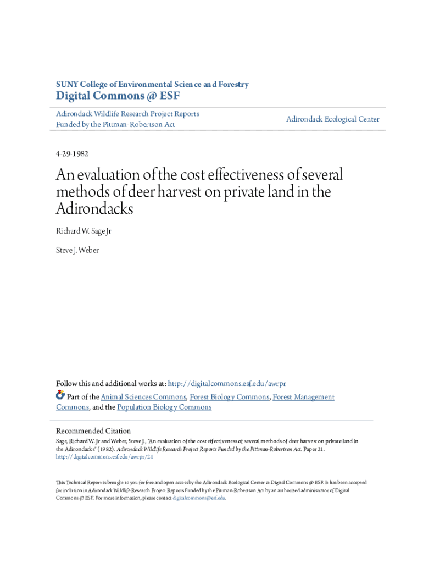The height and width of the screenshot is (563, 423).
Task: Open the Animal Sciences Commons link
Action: click(144, 397)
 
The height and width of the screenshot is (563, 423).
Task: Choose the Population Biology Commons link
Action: click(164, 407)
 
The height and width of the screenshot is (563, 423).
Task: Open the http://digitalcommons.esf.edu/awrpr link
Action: click(226, 384)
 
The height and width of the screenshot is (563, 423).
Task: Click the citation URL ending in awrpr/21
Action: click(104, 456)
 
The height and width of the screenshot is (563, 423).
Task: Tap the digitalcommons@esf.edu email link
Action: click(199, 498)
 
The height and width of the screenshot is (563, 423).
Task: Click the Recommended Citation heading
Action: click(93, 431)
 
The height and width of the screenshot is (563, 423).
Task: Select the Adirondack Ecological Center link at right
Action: click(332, 119)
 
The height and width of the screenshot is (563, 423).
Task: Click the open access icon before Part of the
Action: click(60, 396)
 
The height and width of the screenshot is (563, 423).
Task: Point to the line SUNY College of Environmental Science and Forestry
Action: click(152, 85)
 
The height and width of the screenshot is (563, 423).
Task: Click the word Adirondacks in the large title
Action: click(94, 209)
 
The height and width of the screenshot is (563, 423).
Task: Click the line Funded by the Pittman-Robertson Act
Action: click(115, 125)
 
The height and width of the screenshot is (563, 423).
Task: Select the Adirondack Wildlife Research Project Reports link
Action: click(127, 114)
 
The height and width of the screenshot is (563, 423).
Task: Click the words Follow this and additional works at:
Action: click(110, 384)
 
